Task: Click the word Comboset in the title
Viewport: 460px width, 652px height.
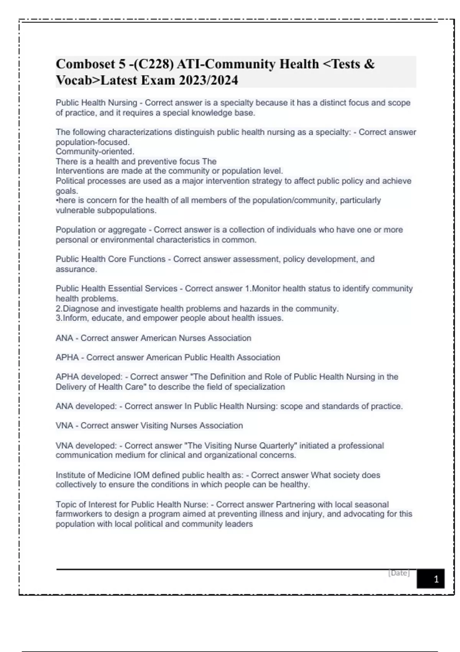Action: (85, 64)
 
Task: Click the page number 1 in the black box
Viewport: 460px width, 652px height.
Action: (436, 579)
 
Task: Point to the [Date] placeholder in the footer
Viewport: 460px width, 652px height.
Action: (399, 573)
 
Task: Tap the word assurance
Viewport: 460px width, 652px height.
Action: (76, 269)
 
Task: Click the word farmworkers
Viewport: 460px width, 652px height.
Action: (79, 514)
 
